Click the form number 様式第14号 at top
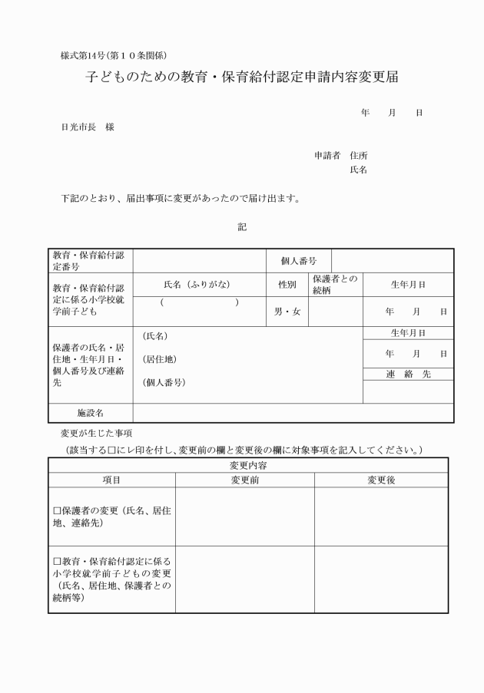114,55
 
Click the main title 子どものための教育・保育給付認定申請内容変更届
241,79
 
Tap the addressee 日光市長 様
88,127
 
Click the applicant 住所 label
359,155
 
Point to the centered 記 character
242,227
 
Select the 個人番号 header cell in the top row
299,261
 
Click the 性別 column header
287,285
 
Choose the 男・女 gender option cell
287,312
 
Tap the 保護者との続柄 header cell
335,285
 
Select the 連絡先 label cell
408,375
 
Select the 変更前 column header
245,480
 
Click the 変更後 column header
381,480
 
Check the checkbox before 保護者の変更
57,510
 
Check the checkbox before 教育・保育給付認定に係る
57,561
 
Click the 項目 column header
112,480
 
